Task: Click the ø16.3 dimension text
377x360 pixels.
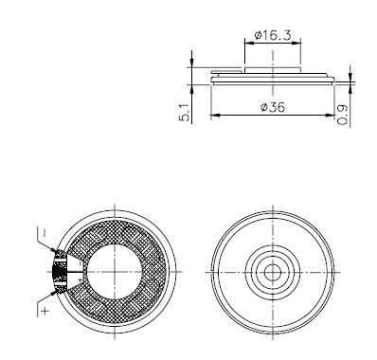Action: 274,36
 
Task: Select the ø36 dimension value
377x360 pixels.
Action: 273,107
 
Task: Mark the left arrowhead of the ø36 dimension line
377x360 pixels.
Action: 213,116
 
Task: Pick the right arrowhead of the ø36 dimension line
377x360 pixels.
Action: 332,116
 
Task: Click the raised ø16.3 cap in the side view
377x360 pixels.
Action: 274,69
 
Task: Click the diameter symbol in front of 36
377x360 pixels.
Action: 262,108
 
